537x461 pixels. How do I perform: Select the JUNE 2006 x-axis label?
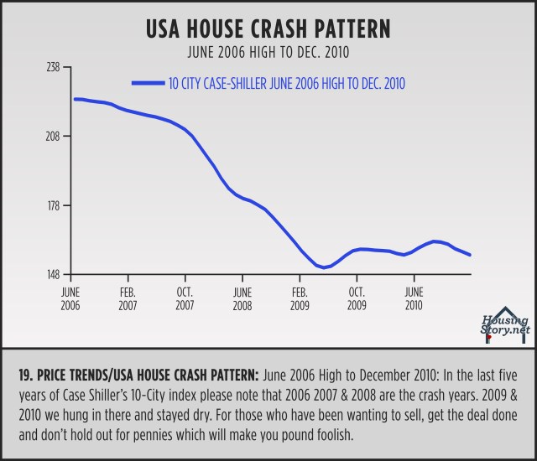click(x=71, y=298)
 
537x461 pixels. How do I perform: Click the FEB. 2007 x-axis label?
click(x=128, y=298)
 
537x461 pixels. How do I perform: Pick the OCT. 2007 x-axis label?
click(x=185, y=298)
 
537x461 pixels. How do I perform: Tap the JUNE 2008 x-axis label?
click(x=242, y=298)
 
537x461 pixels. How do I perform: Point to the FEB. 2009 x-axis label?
click(x=300, y=298)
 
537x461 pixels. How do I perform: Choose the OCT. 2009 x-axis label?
click(x=356, y=298)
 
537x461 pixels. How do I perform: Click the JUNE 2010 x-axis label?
click(x=413, y=298)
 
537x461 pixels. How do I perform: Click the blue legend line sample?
click(x=148, y=82)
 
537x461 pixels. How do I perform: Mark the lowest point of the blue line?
click(x=322, y=267)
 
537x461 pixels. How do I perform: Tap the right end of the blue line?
click(x=470, y=255)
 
